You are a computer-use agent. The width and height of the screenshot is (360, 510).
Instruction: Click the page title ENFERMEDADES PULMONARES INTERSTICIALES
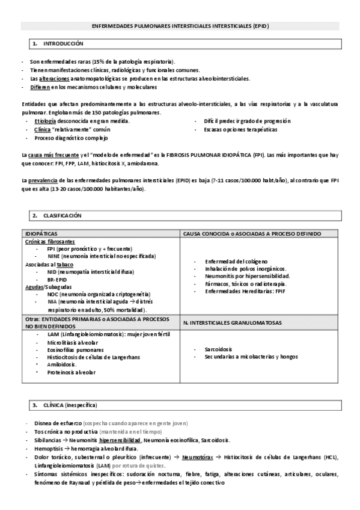(x=180, y=26)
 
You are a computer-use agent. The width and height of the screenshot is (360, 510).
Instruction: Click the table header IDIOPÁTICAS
(x=42, y=233)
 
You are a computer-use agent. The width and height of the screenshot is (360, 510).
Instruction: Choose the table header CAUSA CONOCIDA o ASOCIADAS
(x=252, y=233)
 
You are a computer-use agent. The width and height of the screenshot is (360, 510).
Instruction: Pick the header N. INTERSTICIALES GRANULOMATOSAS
(x=232, y=323)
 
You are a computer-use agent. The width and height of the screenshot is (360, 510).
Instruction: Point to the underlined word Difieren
(x=40, y=87)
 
